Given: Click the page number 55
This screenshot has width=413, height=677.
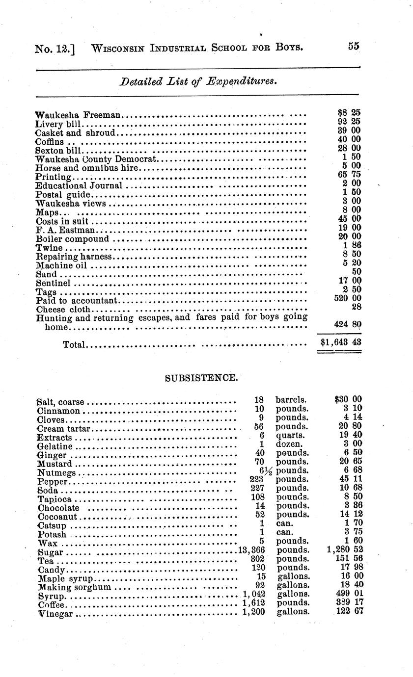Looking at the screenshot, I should pos(354,46).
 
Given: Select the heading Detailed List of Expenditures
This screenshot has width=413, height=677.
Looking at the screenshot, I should pos(196,81).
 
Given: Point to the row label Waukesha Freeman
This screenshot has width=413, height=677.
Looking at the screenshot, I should pos(78,115).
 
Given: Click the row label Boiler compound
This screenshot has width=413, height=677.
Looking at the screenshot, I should pos(72,239).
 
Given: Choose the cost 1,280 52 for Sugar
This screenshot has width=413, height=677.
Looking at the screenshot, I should pos(344,550).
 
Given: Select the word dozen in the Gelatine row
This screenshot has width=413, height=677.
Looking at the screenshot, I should pos(289,444).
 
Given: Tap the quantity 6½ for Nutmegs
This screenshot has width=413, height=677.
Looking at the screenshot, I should pos(258,471).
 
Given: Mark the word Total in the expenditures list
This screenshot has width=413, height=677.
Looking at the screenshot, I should pos(74,345).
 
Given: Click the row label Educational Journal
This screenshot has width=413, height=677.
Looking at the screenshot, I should pos(79,186).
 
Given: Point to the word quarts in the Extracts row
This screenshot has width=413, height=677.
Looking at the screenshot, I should pos(290,435).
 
